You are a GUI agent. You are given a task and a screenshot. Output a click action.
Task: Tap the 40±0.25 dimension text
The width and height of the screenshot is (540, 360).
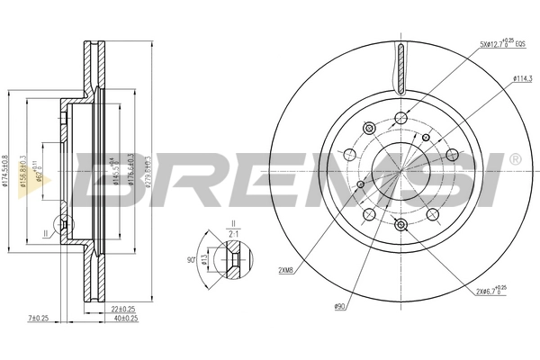tap(126, 318)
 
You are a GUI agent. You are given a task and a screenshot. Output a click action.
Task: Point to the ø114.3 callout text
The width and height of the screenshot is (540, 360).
tap(524, 78)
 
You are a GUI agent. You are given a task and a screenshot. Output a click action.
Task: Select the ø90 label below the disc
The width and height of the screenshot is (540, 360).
tap(340, 307)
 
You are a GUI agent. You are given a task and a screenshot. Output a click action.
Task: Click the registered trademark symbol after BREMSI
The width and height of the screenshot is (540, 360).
tap(514, 159)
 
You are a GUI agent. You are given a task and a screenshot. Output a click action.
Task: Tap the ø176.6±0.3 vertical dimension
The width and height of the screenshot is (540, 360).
tap(131, 170)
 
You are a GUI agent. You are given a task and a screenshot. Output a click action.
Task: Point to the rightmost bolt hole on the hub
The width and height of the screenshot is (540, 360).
tap(433, 214)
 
